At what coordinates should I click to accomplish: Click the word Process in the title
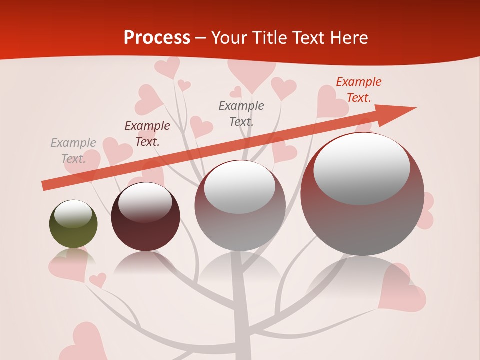[x=157, y=38]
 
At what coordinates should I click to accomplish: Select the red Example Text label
[x=358, y=90]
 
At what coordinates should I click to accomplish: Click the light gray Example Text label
[x=73, y=151]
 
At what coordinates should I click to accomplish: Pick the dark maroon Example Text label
[x=147, y=134]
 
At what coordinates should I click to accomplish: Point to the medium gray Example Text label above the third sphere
[x=241, y=113]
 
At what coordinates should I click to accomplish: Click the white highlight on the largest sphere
[x=361, y=169]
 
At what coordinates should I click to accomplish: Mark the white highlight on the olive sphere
[x=73, y=214]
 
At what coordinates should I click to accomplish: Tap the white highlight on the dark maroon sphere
[x=145, y=202]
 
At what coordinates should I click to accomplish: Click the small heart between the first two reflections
[x=98, y=280]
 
